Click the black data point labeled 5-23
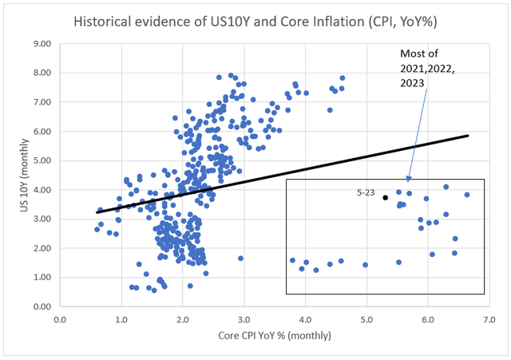(x=385, y=197)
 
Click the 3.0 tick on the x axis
(x=244, y=321)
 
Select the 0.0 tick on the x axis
(x=60, y=321)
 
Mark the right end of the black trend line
(x=468, y=136)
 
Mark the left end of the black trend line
(x=97, y=212)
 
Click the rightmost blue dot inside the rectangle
(x=467, y=195)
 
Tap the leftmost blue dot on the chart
(x=97, y=229)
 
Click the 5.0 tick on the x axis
(x=366, y=321)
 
